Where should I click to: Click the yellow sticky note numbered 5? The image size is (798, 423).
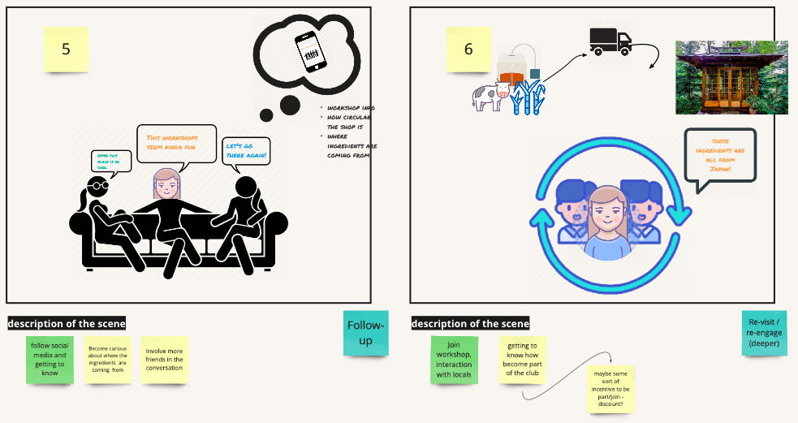66,49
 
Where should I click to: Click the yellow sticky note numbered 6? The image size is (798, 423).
468,49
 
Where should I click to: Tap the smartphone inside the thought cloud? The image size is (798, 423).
309,53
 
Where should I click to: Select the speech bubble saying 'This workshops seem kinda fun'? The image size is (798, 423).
176,143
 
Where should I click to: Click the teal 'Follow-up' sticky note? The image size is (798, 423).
365,333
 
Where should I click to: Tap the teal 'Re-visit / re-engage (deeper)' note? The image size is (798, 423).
764,332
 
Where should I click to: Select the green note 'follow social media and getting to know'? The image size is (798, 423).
50,358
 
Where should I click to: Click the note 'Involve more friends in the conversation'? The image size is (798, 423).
165,359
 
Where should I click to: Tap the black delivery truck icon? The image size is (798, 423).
610,41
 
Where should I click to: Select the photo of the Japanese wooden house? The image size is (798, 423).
731,77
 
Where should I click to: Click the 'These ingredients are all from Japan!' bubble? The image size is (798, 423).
720,156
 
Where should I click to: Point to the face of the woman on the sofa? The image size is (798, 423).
166,186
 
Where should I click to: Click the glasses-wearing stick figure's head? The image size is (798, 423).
96,189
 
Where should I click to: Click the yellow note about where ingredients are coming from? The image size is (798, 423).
108,359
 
